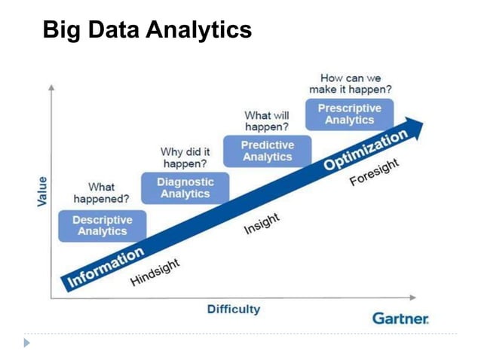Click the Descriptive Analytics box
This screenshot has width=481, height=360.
[x=102, y=225]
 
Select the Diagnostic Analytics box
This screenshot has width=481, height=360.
[x=185, y=188]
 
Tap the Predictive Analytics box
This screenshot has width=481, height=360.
[x=268, y=151]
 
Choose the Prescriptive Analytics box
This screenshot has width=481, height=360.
[x=349, y=114]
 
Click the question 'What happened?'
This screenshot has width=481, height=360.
[x=101, y=193]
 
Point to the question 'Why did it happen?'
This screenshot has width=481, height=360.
[x=185, y=157]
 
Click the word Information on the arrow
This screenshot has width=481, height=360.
[x=106, y=267]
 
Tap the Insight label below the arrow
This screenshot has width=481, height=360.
[x=262, y=224]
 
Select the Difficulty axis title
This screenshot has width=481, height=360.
[x=234, y=309]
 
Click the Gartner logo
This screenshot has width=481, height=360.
[x=400, y=319]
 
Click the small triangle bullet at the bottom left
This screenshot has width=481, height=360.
[x=27, y=343]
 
